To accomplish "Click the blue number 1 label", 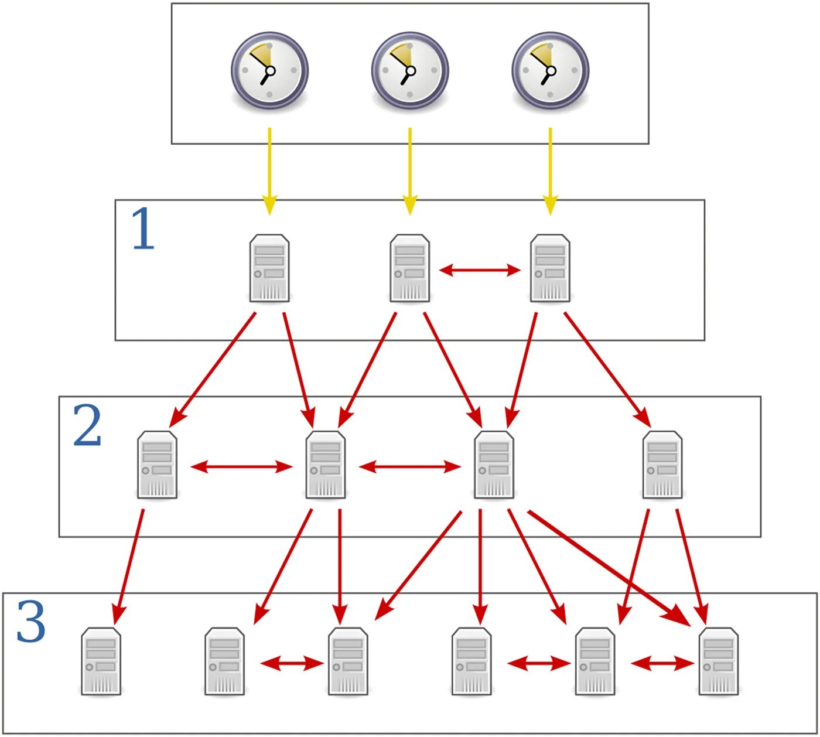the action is click(x=143, y=228).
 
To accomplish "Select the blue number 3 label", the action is click(x=31, y=622).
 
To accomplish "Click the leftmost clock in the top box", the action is click(x=269, y=70).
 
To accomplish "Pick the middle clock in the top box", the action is click(x=410, y=70).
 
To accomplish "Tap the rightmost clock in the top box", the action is click(x=551, y=70).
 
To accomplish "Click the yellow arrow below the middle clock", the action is click(x=410, y=172).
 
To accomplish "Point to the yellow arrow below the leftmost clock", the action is click(x=269, y=172).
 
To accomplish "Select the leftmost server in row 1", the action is click(x=269, y=268).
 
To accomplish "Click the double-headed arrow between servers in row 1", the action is click(x=480, y=270).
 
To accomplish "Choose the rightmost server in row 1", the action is click(x=551, y=268).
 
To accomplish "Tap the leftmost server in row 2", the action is click(x=158, y=465).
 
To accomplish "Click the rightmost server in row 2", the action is click(x=662, y=465).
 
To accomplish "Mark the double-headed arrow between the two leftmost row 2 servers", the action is click(x=241, y=467).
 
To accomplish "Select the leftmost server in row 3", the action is click(x=101, y=661).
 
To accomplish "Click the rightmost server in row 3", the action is click(x=719, y=661).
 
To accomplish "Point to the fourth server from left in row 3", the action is click(x=471, y=661).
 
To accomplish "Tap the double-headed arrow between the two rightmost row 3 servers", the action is click(x=662, y=663).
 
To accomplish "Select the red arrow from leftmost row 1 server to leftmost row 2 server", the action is click(x=213, y=370).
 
